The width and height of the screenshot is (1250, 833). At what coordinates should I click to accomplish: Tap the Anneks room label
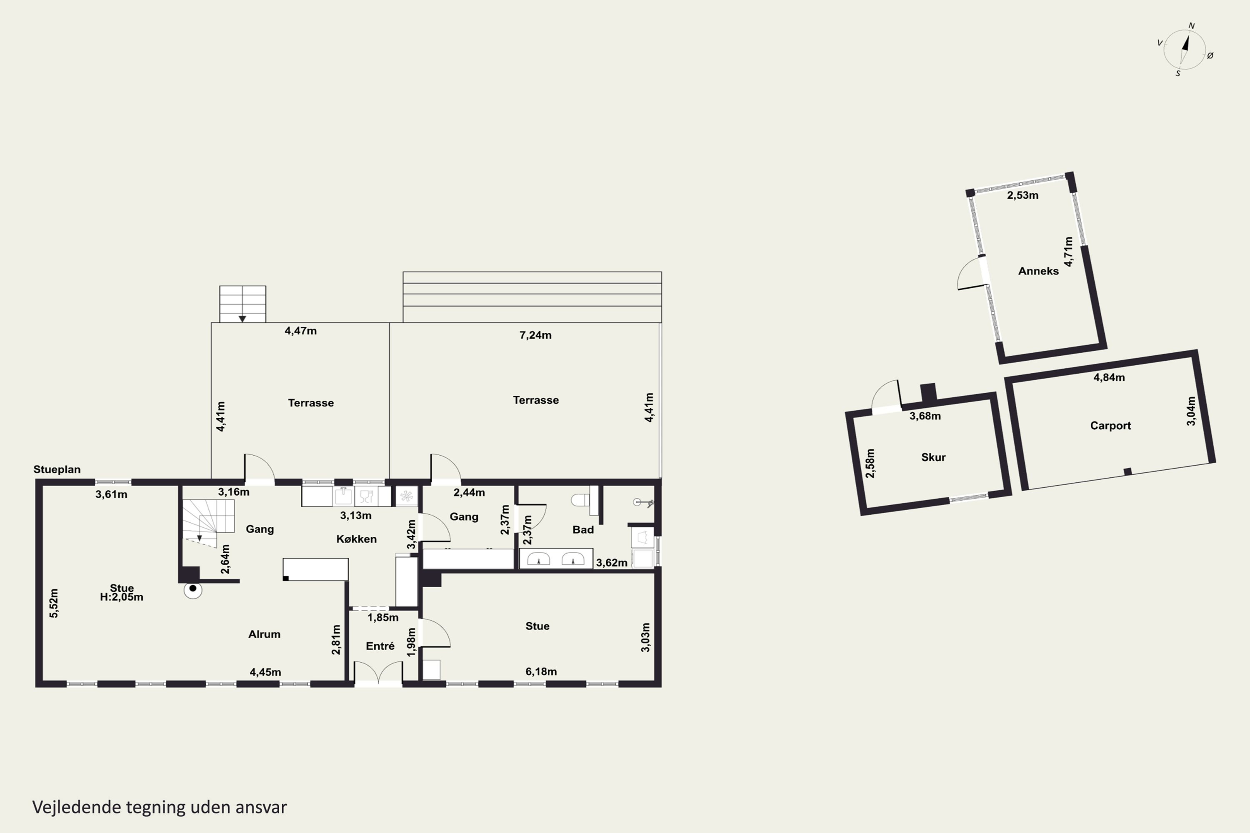(1038, 271)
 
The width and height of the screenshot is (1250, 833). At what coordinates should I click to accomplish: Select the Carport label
(1110, 426)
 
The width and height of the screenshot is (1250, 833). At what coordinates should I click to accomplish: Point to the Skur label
(933, 457)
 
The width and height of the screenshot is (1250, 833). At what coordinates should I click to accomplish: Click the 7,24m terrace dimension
(535, 335)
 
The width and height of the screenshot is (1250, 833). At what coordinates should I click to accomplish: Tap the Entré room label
(380, 646)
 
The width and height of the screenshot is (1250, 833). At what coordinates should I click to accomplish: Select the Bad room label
(583, 530)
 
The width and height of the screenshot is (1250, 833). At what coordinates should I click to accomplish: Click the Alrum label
(264, 634)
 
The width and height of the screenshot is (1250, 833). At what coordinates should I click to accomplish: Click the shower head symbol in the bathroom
(642, 502)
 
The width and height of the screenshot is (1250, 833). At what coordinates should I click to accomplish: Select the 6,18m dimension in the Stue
(541, 671)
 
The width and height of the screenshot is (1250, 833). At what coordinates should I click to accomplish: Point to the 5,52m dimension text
(54, 604)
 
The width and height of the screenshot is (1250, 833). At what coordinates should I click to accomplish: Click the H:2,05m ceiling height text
(122, 597)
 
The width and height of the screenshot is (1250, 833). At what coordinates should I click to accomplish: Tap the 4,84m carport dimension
(1109, 378)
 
